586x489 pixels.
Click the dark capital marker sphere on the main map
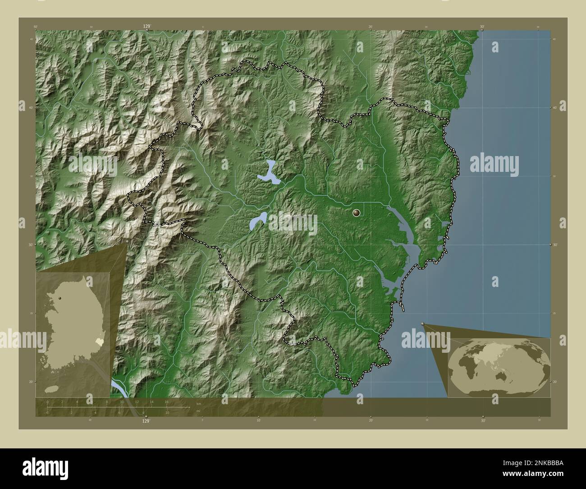[357, 213]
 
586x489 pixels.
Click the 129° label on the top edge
[146, 27]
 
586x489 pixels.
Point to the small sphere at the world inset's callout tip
[422, 323]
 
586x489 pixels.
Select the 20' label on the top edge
[370, 27]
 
